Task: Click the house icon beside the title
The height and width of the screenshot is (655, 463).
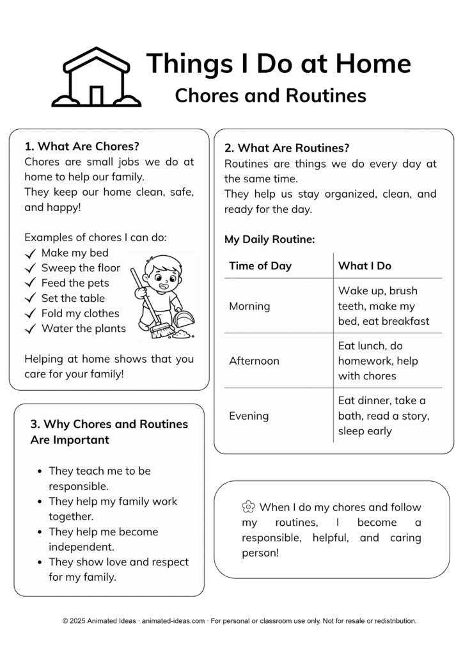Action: pos(96,77)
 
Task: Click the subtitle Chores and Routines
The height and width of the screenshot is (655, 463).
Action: pos(271,95)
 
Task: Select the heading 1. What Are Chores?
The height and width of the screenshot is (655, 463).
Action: pos(82,146)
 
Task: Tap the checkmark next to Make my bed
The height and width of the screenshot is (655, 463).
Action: pos(29,253)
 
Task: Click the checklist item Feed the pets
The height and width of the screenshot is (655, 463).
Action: pos(75,283)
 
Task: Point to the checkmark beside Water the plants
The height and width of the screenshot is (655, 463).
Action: pos(29,329)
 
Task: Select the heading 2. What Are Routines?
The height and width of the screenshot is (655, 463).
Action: pos(287,148)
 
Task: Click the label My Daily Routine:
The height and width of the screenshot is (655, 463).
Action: pos(269,239)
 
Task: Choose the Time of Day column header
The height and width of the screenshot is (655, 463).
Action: pos(260,265)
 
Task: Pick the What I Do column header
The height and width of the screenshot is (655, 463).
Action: pos(365,265)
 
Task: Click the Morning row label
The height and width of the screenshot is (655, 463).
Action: pos(249,306)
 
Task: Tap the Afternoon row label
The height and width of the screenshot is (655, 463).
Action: pos(254,361)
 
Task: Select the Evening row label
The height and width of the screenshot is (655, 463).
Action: pos(249,416)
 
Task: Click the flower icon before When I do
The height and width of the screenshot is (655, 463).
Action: pos(248,507)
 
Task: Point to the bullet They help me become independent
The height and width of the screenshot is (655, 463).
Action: pos(103,539)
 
